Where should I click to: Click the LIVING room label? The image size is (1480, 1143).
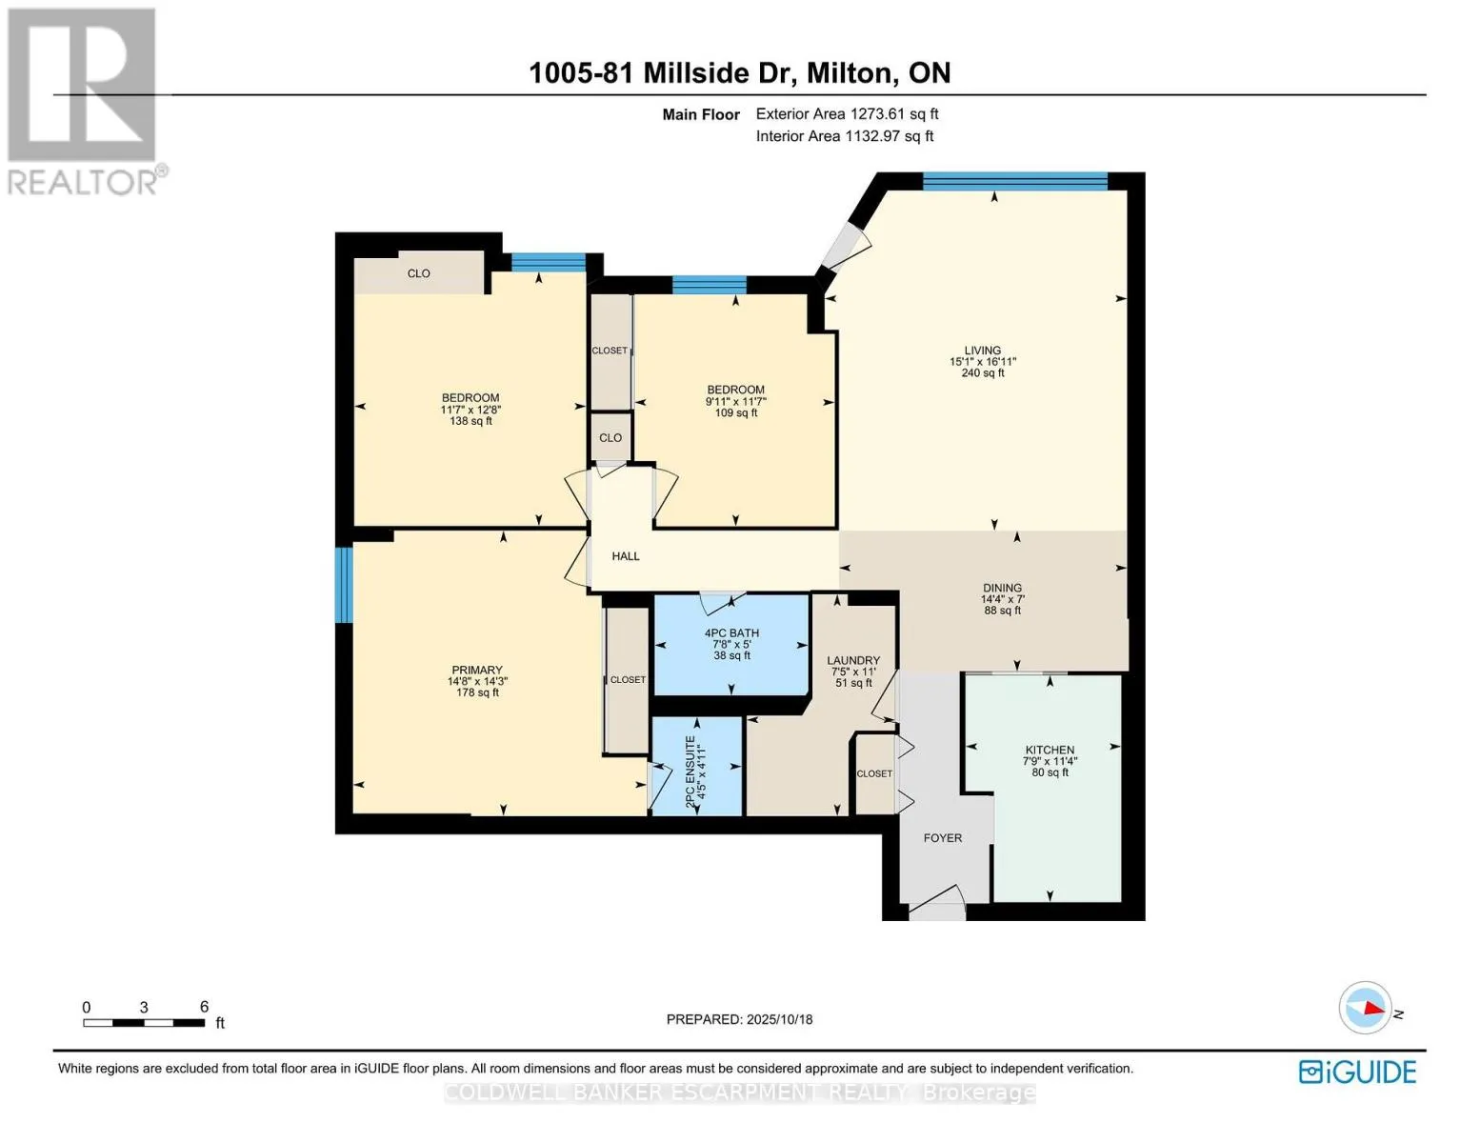tap(982, 351)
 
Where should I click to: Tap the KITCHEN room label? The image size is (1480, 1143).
tap(1050, 750)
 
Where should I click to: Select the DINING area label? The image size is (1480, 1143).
tap(1002, 587)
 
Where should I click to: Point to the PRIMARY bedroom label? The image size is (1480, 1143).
tap(477, 670)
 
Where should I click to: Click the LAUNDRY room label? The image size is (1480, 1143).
tap(853, 660)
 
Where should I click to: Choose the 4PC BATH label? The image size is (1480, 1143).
tap(731, 632)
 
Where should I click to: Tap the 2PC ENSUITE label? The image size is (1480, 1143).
tap(690, 772)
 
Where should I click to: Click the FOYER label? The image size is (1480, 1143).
tap(943, 838)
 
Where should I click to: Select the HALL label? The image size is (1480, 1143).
tap(625, 556)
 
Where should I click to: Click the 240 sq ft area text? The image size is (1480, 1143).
tap(983, 373)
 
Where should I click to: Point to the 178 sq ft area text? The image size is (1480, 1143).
tap(477, 692)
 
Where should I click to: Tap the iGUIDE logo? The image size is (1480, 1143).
tap(1357, 1073)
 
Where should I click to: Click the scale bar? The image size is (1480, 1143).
tap(144, 1022)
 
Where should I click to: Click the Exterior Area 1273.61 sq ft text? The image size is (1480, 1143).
tap(847, 113)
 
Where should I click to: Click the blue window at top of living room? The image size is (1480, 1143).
tap(1015, 181)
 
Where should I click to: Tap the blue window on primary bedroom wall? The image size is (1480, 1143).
tap(344, 585)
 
